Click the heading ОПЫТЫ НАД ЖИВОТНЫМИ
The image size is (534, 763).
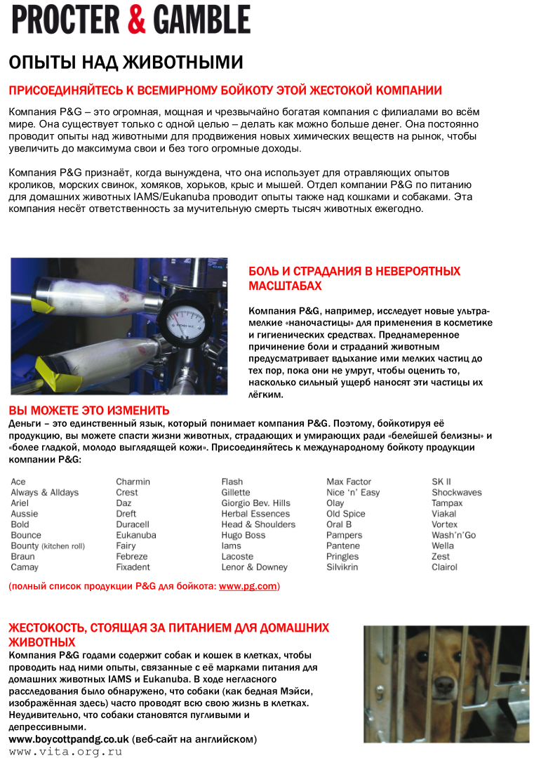tap(126, 62)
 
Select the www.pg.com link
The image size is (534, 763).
tap(248, 586)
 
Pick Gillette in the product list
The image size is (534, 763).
tap(236, 493)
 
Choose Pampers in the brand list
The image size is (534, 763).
tap(344, 536)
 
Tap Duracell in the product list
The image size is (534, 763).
tap(133, 524)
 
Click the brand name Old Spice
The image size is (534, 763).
tap(346, 514)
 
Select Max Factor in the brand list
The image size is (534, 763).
tap(349, 482)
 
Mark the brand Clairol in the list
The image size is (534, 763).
tap(444, 567)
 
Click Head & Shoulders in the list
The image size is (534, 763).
tap(258, 524)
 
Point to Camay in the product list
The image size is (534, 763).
tap(25, 567)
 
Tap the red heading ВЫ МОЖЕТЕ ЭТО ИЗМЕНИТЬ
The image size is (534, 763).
tap(89, 411)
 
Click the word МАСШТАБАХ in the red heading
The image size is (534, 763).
tap(285, 286)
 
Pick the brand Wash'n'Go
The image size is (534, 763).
tap(453, 536)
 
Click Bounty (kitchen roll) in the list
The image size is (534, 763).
tap(48, 546)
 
